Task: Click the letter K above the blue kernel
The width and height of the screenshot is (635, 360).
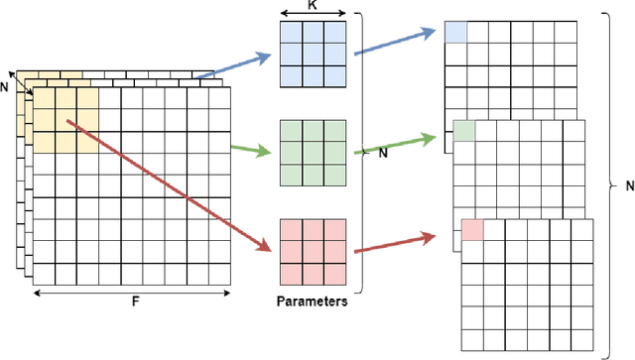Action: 314,5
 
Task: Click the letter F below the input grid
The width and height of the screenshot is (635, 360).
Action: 134,303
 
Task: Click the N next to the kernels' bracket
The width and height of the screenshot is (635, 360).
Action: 382,153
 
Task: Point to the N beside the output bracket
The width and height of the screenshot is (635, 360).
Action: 627,184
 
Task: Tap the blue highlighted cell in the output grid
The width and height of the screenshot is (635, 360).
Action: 455,32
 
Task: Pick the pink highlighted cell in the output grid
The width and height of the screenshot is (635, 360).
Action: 473,230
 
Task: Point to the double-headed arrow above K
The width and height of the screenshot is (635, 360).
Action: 314,15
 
